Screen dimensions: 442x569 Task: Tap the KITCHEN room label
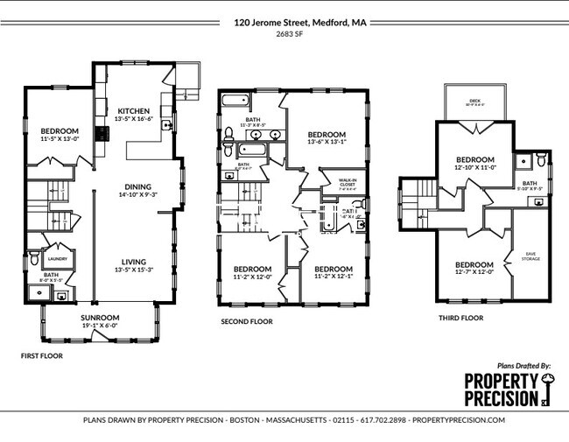[x=134, y=110]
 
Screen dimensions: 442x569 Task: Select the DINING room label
[x=138, y=186]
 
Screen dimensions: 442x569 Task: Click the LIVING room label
[x=134, y=262]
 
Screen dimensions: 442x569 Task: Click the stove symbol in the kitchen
[x=102, y=134]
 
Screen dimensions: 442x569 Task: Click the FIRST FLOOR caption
[x=41, y=356]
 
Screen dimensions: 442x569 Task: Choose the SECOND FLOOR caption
[x=247, y=322]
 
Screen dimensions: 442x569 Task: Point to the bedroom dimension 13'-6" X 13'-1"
[x=327, y=142]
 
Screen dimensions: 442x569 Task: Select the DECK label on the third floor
[x=474, y=102]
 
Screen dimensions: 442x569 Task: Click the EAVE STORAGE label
[x=530, y=256]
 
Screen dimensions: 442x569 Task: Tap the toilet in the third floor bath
[x=542, y=160]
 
